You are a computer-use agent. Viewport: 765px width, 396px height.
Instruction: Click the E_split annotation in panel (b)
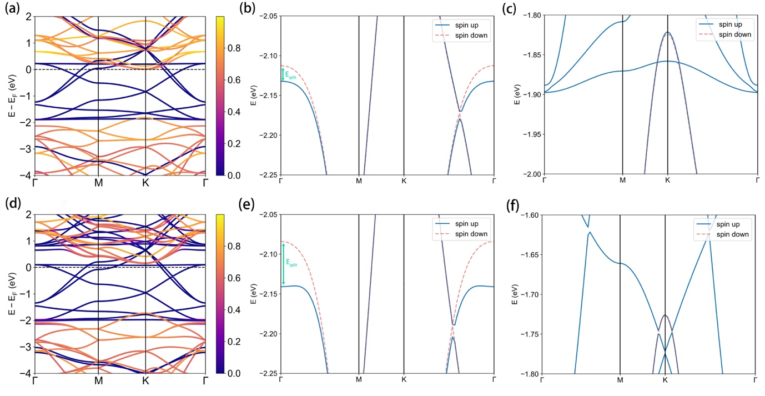(290, 75)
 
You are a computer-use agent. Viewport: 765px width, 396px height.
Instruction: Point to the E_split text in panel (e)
(291, 262)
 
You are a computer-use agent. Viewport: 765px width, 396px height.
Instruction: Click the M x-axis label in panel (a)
(98, 182)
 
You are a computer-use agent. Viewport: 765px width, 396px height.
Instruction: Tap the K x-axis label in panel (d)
(145, 381)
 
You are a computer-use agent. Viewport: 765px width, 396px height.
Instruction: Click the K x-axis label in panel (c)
(667, 181)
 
